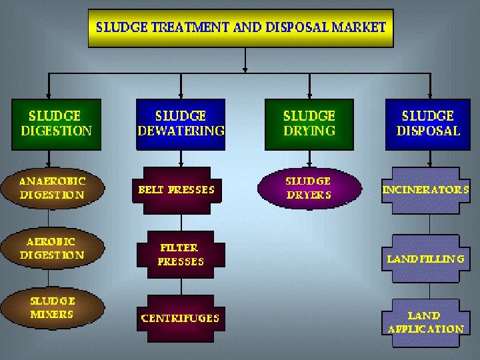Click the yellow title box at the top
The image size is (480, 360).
click(240, 28)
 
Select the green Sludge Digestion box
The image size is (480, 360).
click(56, 124)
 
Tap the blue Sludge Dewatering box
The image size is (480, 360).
click(181, 124)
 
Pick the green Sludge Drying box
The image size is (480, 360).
click(309, 124)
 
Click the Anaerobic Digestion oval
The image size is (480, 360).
click(52, 188)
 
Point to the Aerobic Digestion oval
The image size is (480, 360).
click(52, 248)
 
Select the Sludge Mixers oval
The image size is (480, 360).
click(52, 308)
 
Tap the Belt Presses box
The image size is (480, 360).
click(177, 189)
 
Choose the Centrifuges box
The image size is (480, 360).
click(180, 318)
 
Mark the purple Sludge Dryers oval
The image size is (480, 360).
click(308, 188)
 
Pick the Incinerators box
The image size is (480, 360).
click(425, 189)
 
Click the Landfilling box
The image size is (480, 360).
click(425, 258)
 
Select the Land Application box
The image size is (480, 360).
click(425, 323)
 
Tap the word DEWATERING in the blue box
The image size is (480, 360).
click(181, 131)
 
